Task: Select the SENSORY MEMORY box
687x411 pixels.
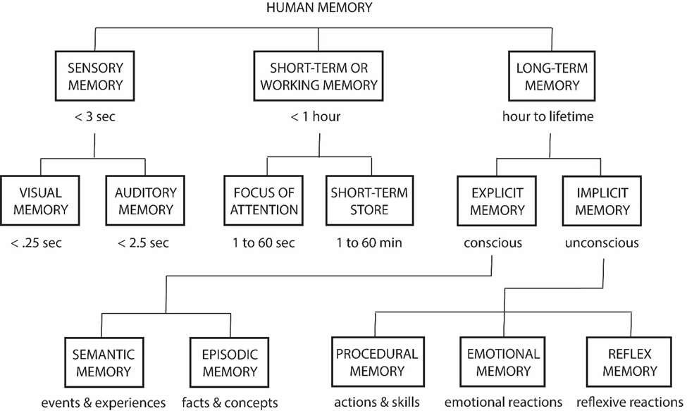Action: pyautogui.click(x=95, y=77)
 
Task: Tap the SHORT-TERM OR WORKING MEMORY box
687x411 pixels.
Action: pyautogui.click(x=319, y=77)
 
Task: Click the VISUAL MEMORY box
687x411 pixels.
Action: pyautogui.click(x=40, y=201)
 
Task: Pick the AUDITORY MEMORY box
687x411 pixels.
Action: pyautogui.click(x=144, y=201)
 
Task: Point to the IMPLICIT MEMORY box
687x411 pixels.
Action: pyautogui.click(x=602, y=201)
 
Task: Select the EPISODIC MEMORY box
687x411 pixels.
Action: pyautogui.click(x=223, y=362)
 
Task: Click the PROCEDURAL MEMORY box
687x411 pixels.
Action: pyautogui.click(x=376, y=362)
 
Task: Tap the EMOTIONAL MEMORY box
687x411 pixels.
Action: pyautogui.click(x=502, y=362)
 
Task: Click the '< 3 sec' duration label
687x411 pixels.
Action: pyautogui.click(x=95, y=117)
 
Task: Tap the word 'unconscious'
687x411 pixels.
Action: pyautogui.click(x=602, y=244)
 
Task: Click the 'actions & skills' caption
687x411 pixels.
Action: pyautogui.click(x=376, y=403)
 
